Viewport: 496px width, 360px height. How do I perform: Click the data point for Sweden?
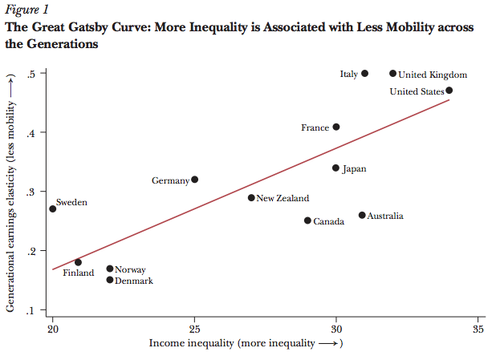pos(53,208)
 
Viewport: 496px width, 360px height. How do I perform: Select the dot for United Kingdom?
pos(392,74)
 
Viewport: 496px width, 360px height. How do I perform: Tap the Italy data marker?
pos(364,74)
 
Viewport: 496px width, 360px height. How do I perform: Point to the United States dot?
pos(449,91)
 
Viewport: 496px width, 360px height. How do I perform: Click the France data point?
pos(336,127)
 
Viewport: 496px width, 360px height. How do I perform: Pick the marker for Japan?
pos(336,168)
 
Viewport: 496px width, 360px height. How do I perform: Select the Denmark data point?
pos(110,280)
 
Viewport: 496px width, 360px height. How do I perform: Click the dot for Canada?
pos(307,220)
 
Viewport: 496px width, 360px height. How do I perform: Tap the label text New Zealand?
pos(283,198)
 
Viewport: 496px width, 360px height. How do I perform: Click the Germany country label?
pos(170,181)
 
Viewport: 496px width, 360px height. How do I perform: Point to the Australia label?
pos(385,216)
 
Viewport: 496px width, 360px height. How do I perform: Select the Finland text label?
pos(78,273)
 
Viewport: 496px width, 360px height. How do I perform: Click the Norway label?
pos(130,269)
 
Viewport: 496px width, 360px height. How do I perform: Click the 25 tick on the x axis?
pos(194,329)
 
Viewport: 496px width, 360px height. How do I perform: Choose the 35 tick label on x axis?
pos(478,329)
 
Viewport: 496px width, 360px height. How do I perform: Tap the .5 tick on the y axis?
pos(32,74)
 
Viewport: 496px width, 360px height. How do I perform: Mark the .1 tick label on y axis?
pos(32,311)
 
